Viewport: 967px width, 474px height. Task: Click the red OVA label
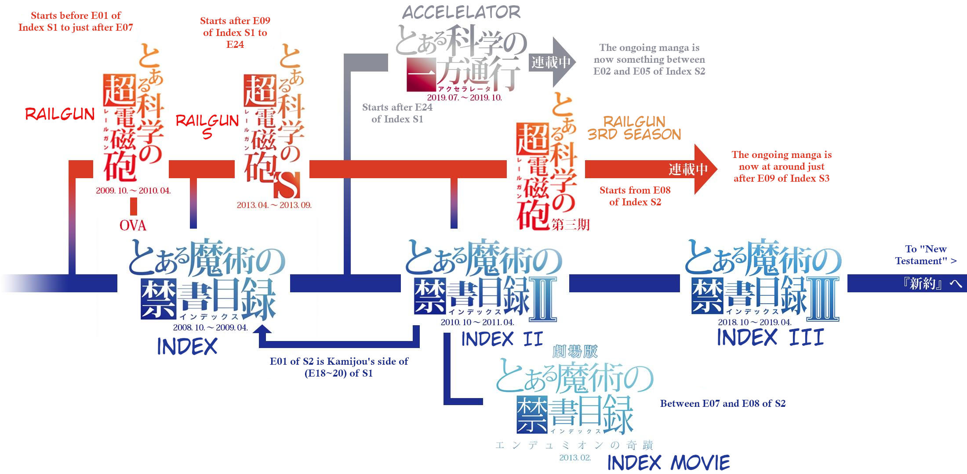pyautogui.click(x=133, y=226)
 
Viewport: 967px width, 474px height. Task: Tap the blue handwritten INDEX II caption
pyautogui.click(x=502, y=339)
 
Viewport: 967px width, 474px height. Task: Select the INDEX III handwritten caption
pyautogui.click(x=770, y=338)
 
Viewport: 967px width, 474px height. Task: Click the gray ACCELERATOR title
pyautogui.click(x=461, y=12)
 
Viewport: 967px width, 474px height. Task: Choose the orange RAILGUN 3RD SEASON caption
pyautogui.click(x=634, y=128)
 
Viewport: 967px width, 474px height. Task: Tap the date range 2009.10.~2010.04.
pyautogui.click(x=133, y=190)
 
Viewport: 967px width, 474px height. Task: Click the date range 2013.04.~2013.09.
pyautogui.click(x=274, y=205)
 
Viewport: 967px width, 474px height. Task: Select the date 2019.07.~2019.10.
pyautogui.click(x=464, y=97)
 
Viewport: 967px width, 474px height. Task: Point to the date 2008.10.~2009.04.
pyautogui.click(x=210, y=327)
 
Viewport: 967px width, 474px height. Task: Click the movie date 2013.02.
pyautogui.click(x=575, y=458)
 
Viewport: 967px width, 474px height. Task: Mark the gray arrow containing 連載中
pyautogui.click(x=552, y=62)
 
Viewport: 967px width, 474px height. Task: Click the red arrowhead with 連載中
pyautogui.click(x=703, y=169)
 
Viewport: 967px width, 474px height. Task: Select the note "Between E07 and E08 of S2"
pyautogui.click(x=723, y=403)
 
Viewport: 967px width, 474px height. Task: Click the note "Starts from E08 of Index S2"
pyautogui.click(x=635, y=196)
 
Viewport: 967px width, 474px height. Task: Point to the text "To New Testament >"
pyautogui.click(x=926, y=255)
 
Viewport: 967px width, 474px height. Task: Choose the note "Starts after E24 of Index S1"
pyautogui.click(x=397, y=113)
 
